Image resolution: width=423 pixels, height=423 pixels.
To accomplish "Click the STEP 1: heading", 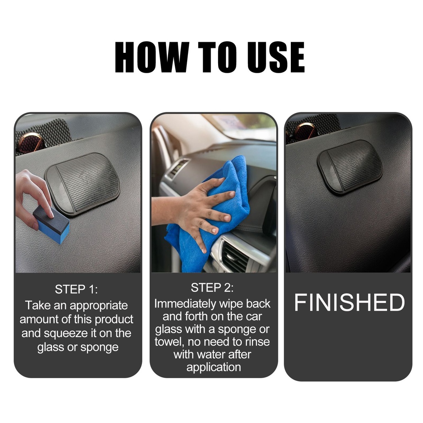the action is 76,290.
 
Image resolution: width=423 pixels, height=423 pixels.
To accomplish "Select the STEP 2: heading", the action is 212,288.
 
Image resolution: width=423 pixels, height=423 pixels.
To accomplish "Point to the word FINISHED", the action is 349,302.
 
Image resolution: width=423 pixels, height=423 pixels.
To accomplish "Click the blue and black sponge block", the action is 51,224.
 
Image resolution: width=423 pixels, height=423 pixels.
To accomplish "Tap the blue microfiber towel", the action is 208,213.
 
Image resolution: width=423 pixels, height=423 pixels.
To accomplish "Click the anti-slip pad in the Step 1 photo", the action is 82,183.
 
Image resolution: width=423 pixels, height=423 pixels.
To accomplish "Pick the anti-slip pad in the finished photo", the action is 349,167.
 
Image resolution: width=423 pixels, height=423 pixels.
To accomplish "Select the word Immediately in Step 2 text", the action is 185,304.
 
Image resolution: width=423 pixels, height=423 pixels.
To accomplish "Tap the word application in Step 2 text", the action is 214,367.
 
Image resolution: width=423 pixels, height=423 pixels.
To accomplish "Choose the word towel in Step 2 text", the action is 168,342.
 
